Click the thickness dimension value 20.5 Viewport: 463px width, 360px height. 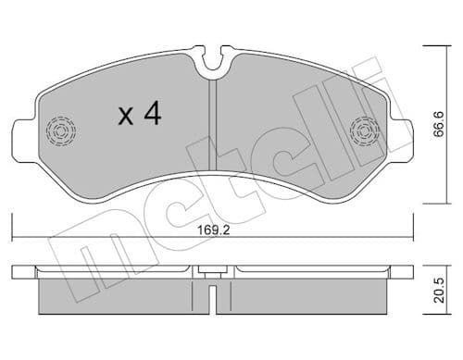pos(451,292)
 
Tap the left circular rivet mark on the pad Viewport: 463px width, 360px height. pos(61,132)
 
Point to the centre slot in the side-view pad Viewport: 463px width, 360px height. pos(213,295)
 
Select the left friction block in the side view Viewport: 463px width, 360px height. pos(120,296)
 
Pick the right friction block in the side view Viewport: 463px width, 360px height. pos(306,296)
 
